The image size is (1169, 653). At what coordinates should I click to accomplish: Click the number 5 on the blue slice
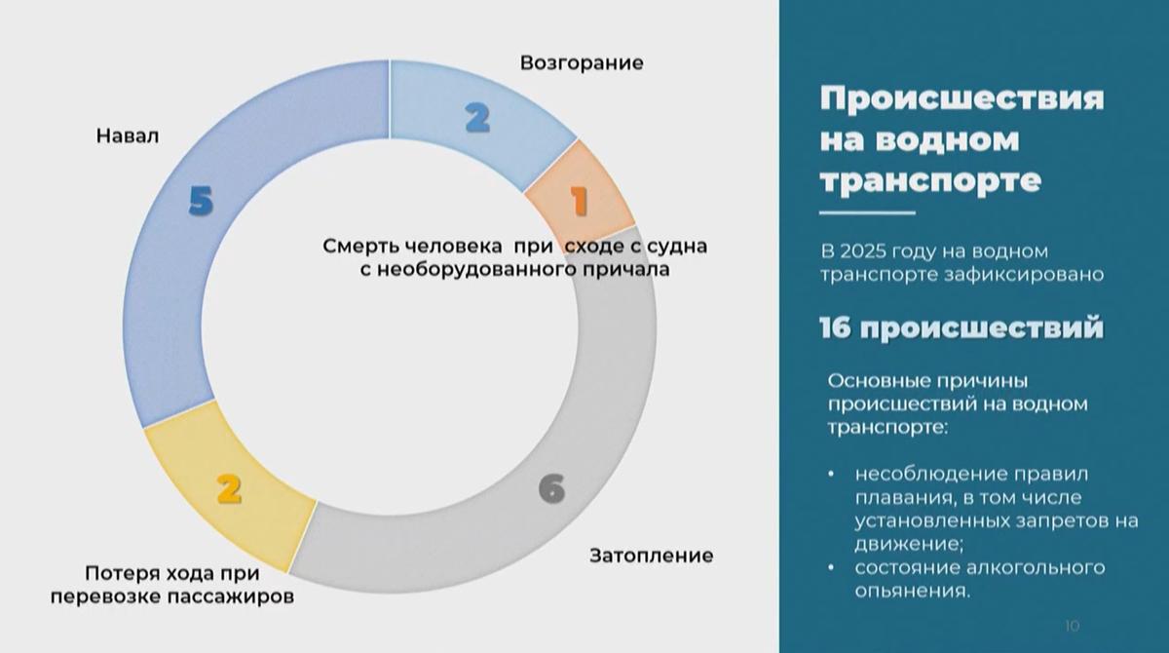point(201,203)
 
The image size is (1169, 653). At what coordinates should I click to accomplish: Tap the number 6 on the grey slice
point(551,487)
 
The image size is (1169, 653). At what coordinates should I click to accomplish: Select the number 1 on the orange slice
point(579,202)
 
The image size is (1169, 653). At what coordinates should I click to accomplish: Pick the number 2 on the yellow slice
point(228,488)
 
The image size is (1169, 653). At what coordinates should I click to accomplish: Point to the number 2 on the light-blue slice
point(476,118)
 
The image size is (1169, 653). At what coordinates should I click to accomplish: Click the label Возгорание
point(582,63)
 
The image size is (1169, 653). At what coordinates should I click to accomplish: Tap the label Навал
point(127,136)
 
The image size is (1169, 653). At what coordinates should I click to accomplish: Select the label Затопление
point(651,557)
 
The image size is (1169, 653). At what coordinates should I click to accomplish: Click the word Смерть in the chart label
point(358,247)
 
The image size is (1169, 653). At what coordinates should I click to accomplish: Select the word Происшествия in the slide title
point(962,99)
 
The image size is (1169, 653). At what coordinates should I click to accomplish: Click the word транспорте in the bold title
point(930,180)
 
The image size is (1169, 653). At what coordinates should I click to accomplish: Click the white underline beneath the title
point(866,212)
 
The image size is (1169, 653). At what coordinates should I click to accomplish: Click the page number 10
point(1074,625)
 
